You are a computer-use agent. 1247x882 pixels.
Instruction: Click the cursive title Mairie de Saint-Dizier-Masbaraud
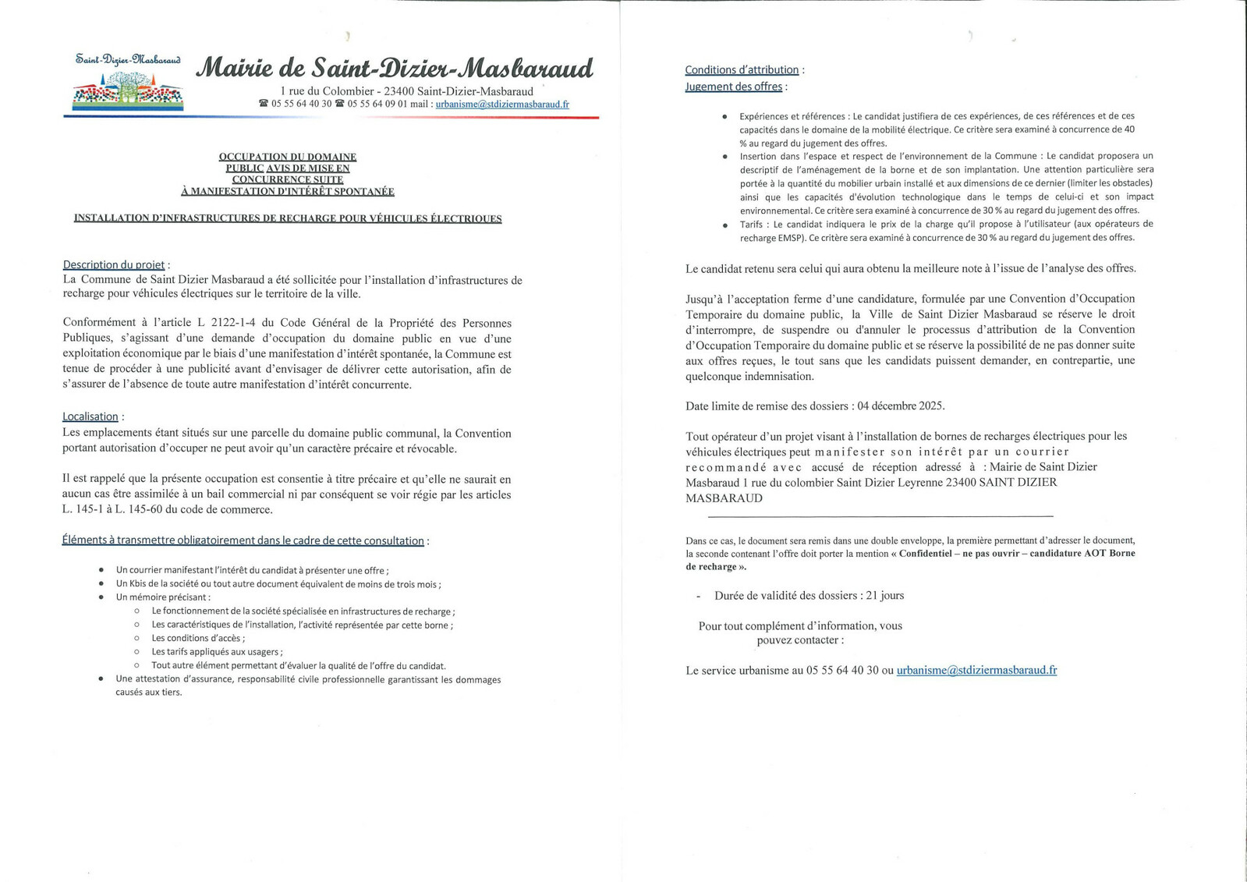394,69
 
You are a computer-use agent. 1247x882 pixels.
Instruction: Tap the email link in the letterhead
502,104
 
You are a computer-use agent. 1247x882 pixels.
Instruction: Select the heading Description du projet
114,265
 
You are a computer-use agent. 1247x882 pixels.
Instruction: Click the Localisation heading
90,416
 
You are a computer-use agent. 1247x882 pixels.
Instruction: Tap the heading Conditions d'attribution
742,69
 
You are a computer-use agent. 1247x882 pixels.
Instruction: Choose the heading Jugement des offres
733,87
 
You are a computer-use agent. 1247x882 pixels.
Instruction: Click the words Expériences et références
788,116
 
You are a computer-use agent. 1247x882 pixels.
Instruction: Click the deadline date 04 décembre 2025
900,406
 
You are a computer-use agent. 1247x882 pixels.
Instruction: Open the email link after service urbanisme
976,670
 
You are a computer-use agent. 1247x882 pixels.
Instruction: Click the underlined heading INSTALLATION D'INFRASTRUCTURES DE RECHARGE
288,218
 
